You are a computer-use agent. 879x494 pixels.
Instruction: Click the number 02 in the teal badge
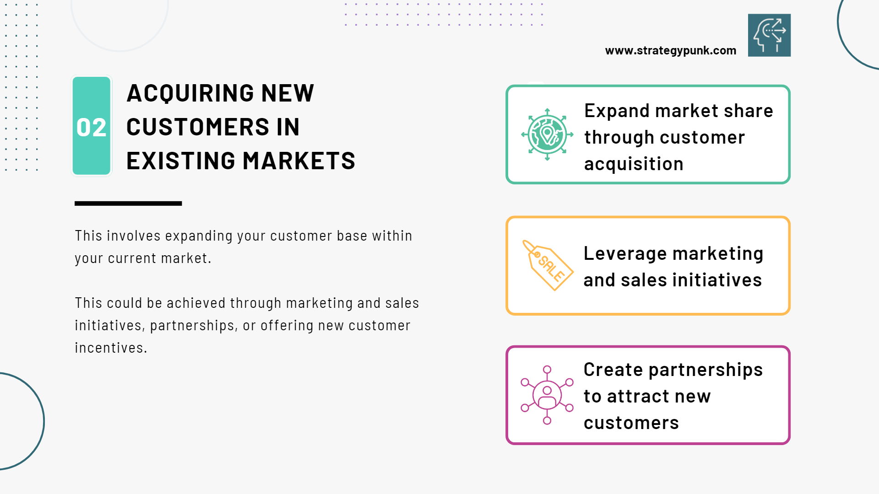92,127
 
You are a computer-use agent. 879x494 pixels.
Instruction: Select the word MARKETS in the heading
298,161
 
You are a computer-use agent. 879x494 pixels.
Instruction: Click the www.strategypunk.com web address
671,51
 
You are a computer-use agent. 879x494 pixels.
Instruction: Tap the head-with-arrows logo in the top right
769,35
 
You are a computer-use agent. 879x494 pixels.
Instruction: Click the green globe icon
547,134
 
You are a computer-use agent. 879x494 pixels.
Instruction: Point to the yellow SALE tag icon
548,265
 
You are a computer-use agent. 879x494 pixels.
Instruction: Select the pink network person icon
547,395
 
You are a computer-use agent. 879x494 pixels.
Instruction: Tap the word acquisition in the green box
634,164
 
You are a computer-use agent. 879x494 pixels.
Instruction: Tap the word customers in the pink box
631,423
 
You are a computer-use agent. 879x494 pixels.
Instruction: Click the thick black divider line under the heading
128,204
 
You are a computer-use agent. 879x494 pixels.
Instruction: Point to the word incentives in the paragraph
111,348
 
